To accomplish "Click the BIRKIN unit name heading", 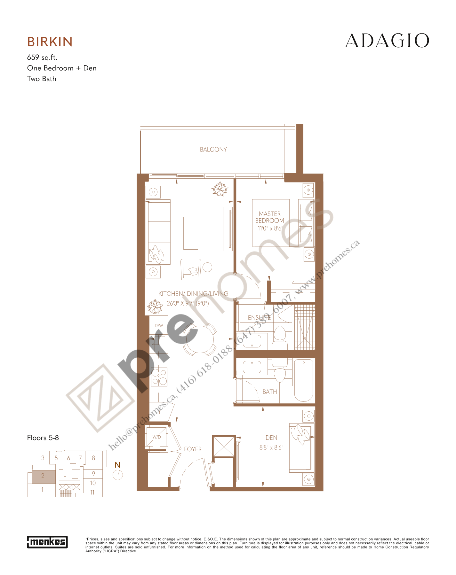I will (50, 42).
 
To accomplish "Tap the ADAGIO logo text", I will (387, 41).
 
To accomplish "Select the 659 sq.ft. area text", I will (42, 58).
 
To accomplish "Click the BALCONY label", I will (213, 150).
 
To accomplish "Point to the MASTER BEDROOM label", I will (269, 217).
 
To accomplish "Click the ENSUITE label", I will (259, 318).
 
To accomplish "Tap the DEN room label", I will (271, 438).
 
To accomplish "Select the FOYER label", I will (193, 449).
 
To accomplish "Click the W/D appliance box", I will (156, 437).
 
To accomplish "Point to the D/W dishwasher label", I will (159, 326).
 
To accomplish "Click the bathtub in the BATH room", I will (303, 380).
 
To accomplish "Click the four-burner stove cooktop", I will (159, 377).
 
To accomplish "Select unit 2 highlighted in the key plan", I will (43, 476).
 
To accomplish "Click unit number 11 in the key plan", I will (92, 493).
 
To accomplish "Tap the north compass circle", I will (118, 475).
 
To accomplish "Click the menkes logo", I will (47, 542).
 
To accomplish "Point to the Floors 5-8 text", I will (43, 438).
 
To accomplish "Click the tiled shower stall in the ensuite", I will (305, 327).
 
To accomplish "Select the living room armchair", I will (191, 269).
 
